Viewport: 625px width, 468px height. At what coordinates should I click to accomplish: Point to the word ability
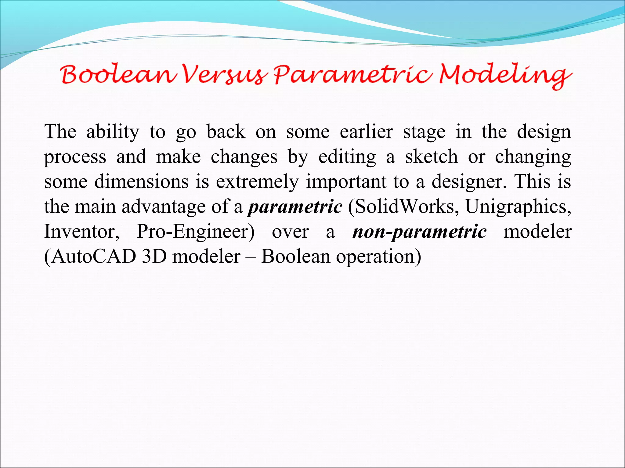coord(113,132)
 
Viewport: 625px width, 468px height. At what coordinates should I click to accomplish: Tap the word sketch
coord(432,157)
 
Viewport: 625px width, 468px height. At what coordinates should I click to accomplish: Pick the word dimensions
coord(142,182)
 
